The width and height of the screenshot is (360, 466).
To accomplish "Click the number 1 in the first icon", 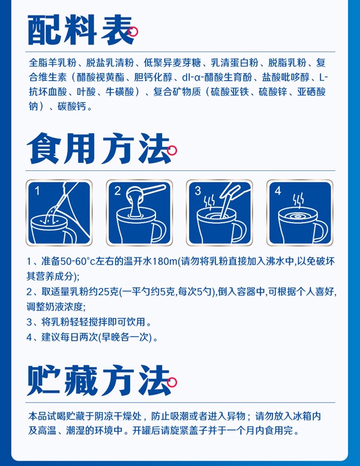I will (37, 191).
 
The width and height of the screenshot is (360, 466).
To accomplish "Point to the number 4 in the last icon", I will (278, 191).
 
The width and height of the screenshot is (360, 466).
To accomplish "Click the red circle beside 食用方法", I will (172, 151).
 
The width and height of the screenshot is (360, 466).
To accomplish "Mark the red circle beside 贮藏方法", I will (172, 381).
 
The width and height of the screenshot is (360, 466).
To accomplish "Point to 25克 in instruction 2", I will (107, 293).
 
